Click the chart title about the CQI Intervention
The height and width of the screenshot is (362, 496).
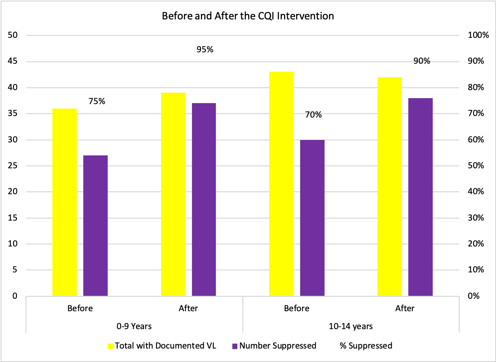pyautogui.click(x=248, y=16)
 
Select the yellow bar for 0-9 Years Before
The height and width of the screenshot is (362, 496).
pyautogui.click(x=64, y=202)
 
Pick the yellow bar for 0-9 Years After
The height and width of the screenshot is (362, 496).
pyautogui.click(x=173, y=194)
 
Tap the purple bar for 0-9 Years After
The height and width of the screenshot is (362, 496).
pyautogui.click(x=204, y=199)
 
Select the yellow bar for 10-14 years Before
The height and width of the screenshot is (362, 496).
pyautogui.click(x=281, y=184)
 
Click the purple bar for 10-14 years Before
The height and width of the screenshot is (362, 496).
pyautogui.click(x=312, y=218)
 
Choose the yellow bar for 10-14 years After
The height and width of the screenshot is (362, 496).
pyautogui.click(x=390, y=186)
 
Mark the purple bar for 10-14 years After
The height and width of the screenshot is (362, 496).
pyautogui.click(x=421, y=197)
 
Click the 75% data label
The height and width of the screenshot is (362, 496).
pyautogui.click(x=97, y=102)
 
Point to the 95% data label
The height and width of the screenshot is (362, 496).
pyautogui.click(x=205, y=49)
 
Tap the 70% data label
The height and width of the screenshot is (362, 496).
pyautogui.click(x=314, y=115)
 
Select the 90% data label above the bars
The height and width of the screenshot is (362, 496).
pyautogui.click(x=422, y=62)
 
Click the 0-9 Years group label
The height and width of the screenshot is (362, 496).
pyautogui.click(x=134, y=326)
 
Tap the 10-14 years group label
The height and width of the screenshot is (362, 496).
pyautogui.click(x=351, y=326)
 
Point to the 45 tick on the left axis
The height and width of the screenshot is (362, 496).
pyautogui.click(x=13, y=62)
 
